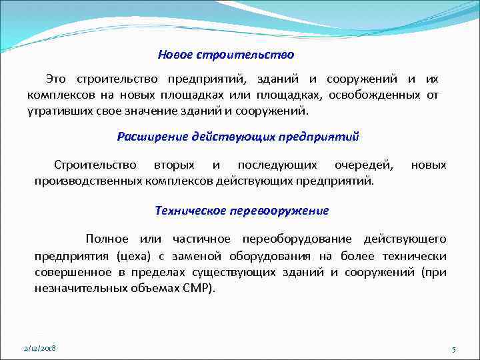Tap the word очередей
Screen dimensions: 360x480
[365, 165]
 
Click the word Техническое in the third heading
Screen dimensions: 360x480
[191, 211]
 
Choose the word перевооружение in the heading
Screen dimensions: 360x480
[279, 211]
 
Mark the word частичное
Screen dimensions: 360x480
[201, 239]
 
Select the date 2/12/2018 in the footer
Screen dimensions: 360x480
[39, 349]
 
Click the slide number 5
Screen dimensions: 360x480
[453, 349]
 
